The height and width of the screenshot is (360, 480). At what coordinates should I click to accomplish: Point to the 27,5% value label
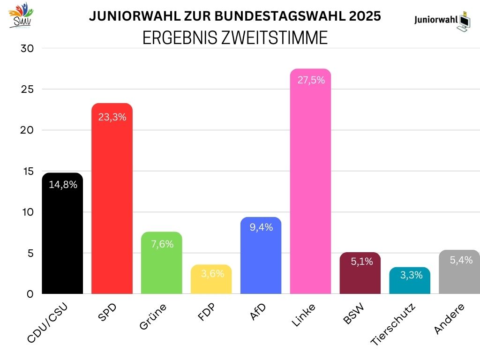(x=311, y=80)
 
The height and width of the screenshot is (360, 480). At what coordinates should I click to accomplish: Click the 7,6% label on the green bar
(x=162, y=244)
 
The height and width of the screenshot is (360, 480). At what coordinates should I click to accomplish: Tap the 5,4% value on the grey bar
(x=461, y=260)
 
